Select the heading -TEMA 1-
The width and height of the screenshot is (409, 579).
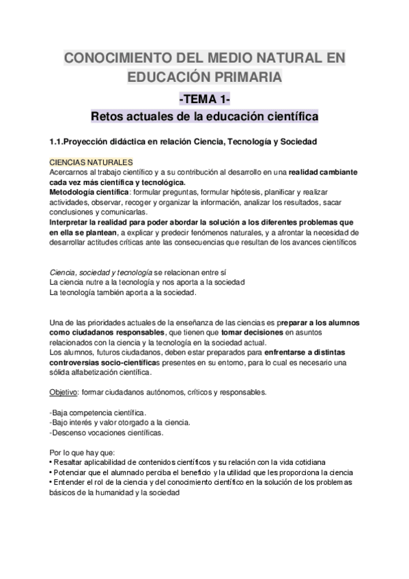click(204, 98)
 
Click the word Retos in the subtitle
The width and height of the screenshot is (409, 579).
click(111, 117)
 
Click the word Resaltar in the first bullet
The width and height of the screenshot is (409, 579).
click(70, 462)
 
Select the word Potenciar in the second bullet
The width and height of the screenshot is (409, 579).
click(72, 472)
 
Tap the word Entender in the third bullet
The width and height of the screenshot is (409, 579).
click(70, 482)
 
